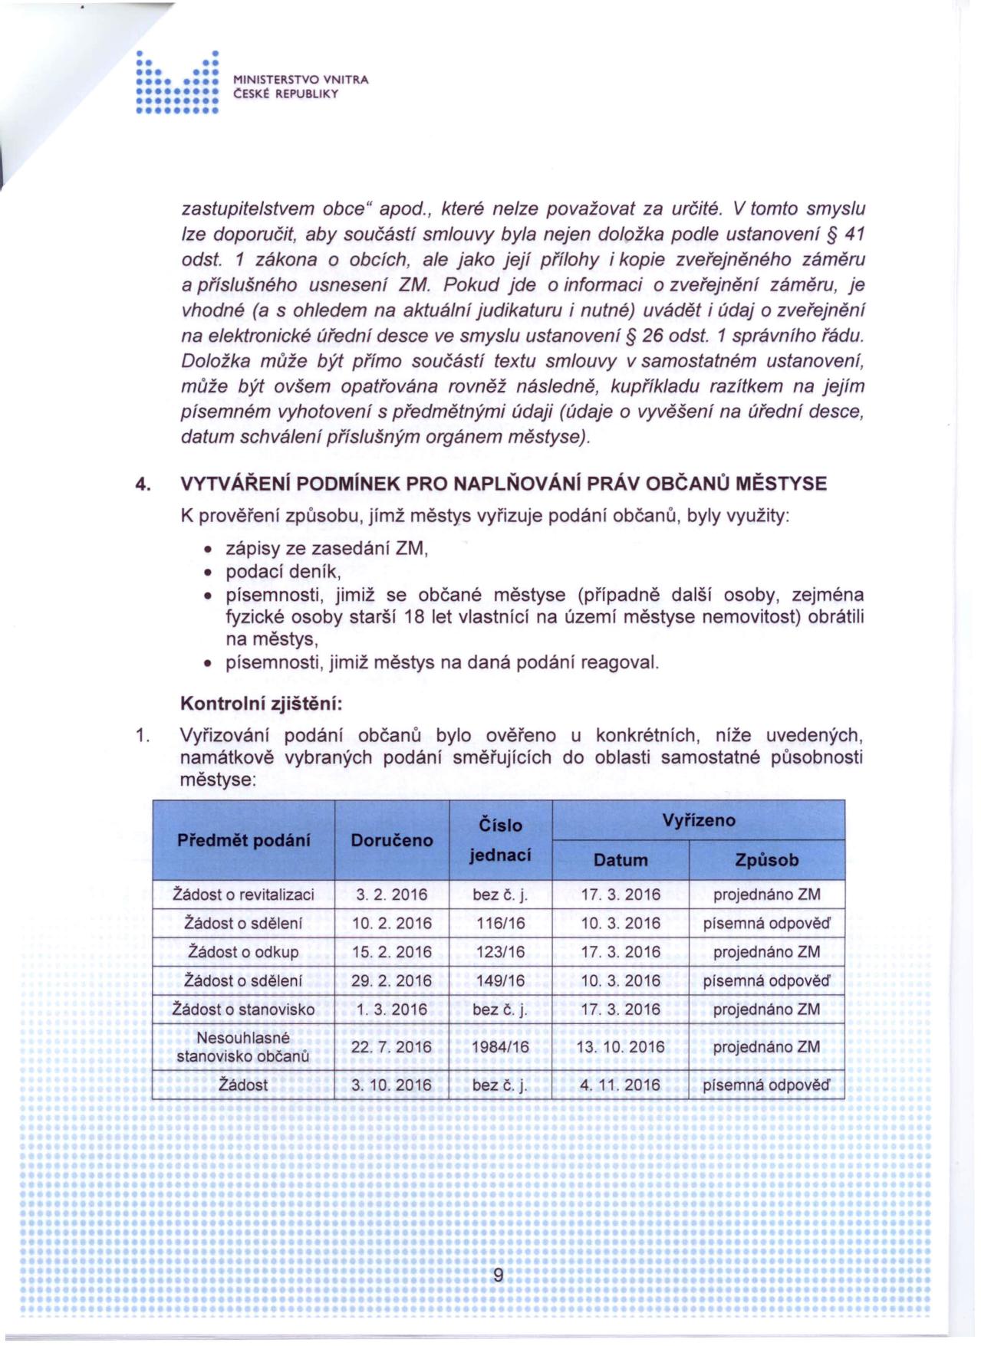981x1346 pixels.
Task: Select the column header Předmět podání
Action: (x=244, y=840)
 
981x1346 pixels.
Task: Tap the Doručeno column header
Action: (x=391, y=840)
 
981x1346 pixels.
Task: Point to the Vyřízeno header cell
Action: (x=698, y=820)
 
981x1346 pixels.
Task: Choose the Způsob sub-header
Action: (x=766, y=860)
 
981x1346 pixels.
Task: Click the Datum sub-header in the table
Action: (x=621, y=860)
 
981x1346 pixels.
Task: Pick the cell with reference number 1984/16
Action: (x=499, y=1047)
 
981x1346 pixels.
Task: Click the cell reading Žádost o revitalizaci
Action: (x=244, y=895)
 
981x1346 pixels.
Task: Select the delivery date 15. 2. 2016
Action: (x=391, y=952)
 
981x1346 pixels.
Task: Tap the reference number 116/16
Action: (x=499, y=924)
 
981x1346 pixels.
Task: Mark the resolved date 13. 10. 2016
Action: (x=621, y=1047)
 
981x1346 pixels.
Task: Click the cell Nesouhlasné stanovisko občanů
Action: (x=244, y=1047)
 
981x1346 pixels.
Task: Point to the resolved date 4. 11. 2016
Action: (x=621, y=1085)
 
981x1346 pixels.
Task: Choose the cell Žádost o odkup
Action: (x=244, y=952)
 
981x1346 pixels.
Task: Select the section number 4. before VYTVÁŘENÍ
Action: (x=141, y=484)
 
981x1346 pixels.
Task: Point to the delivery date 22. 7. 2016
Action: (x=391, y=1047)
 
